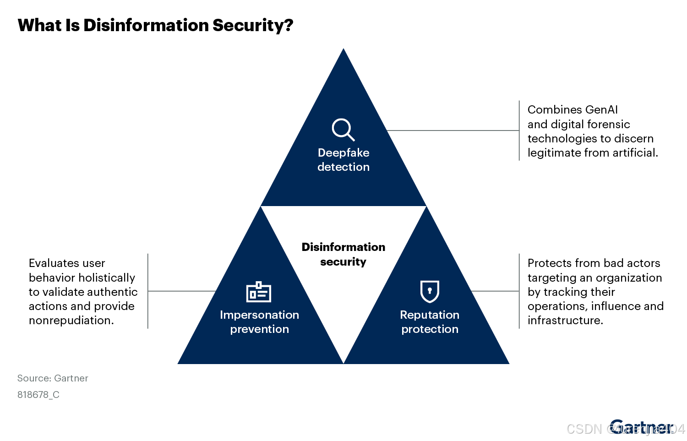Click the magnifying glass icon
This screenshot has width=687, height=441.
(x=343, y=130)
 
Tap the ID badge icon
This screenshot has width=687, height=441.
(x=259, y=292)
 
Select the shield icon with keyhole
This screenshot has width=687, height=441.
(x=430, y=291)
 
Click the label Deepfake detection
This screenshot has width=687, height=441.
(x=343, y=160)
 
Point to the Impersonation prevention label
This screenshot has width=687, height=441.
(x=259, y=322)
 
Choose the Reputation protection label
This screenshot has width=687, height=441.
(x=430, y=322)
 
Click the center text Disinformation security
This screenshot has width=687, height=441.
(x=343, y=254)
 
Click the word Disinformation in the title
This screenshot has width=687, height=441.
(x=146, y=25)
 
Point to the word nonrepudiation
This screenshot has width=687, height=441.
(x=71, y=321)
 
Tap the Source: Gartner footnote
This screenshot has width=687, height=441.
(x=53, y=378)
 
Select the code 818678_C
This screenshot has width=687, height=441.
(x=38, y=395)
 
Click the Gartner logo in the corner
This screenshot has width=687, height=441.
(x=641, y=427)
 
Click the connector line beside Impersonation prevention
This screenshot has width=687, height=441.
(x=182, y=291)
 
